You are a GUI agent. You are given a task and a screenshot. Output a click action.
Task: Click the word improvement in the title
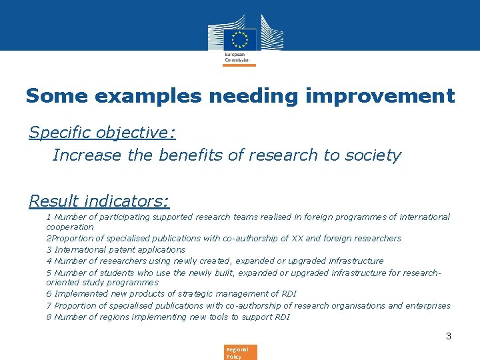coord(380,96)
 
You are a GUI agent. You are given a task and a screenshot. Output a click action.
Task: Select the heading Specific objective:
coord(102,132)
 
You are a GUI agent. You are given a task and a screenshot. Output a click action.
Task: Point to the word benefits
coord(191,155)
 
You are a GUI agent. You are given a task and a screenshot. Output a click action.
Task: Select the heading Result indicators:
coord(99,201)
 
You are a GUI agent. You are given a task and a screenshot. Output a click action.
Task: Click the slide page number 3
coord(449,336)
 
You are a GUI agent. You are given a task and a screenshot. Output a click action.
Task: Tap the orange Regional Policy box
coord(239,352)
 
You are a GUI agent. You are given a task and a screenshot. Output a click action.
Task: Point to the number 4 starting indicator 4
coord(49,261)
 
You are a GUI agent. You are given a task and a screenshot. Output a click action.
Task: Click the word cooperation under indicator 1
coord(69,227)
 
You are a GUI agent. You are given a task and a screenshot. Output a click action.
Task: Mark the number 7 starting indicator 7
coord(49,305)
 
